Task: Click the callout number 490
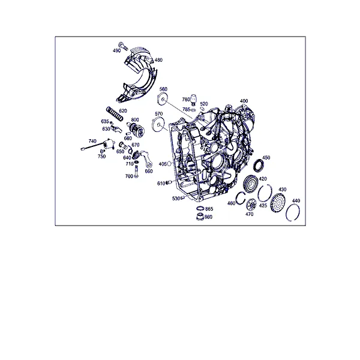click(x=116, y=50)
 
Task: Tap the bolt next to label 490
click(x=123, y=46)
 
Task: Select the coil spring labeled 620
click(x=115, y=113)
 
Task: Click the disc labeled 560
click(x=163, y=99)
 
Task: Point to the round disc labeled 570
click(x=158, y=125)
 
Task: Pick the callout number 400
click(x=244, y=101)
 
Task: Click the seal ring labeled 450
click(x=259, y=165)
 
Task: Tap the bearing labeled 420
click(x=251, y=183)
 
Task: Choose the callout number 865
click(x=209, y=209)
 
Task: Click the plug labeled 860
click(x=200, y=217)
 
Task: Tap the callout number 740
click(x=92, y=141)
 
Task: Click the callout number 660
click(x=149, y=171)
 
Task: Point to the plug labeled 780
click(x=194, y=99)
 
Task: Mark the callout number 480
click(x=158, y=60)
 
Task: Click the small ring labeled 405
click(x=169, y=163)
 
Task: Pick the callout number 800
click(x=135, y=120)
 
